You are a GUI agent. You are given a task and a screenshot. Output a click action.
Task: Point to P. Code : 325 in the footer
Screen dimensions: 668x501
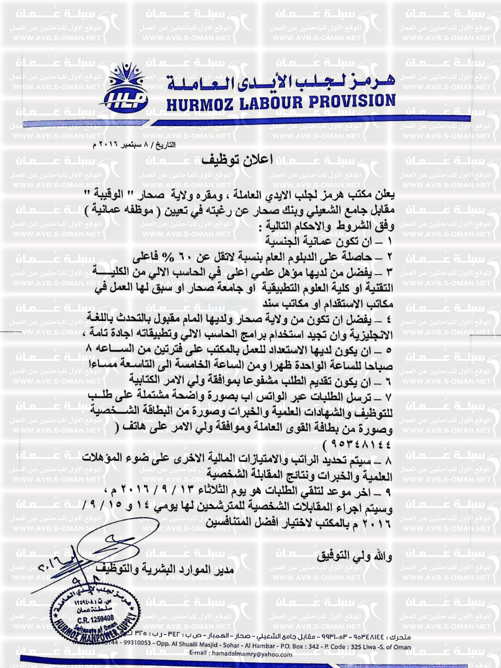(x=343, y=647)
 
